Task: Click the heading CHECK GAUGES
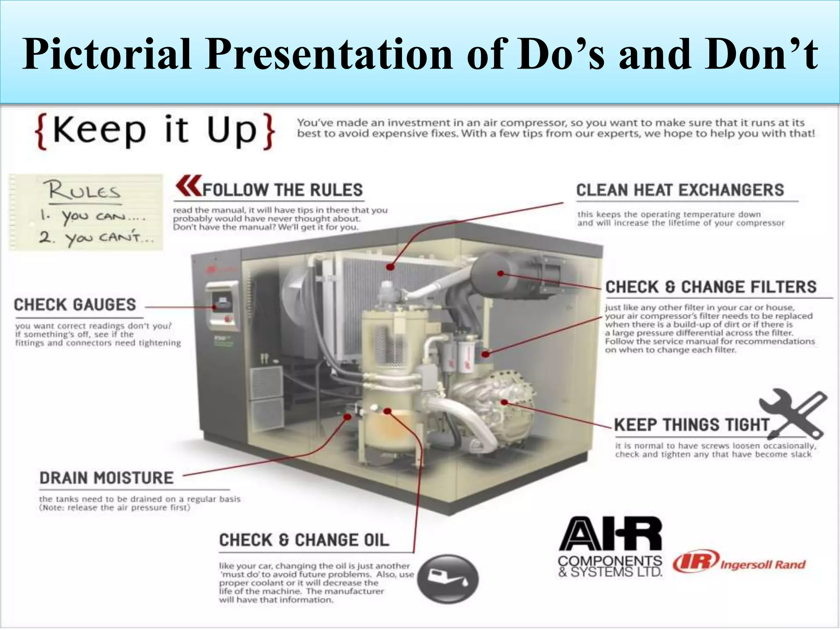pyautogui.click(x=75, y=305)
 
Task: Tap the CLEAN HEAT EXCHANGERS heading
pyautogui.click(x=680, y=190)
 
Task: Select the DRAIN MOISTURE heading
pyautogui.click(x=107, y=478)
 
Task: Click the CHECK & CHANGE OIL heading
pyautogui.click(x=304, y=540)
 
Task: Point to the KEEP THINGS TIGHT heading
pyautogui.click(x=691, y=425)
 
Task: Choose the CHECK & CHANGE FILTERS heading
pyautogui.click(x=711, y=287)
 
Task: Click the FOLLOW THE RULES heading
pyautogui.click(x=283, y=190)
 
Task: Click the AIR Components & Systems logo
pyautogui.click(x=610, y=547)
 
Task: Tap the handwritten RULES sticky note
pyautogui.click(x=86, y=212)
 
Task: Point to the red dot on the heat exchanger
pyautogui.click(x=390, y=267)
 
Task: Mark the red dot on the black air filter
pyautogui.click(x=501, y=274)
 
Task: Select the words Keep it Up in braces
pyautogui.click(x=155, y=131)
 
